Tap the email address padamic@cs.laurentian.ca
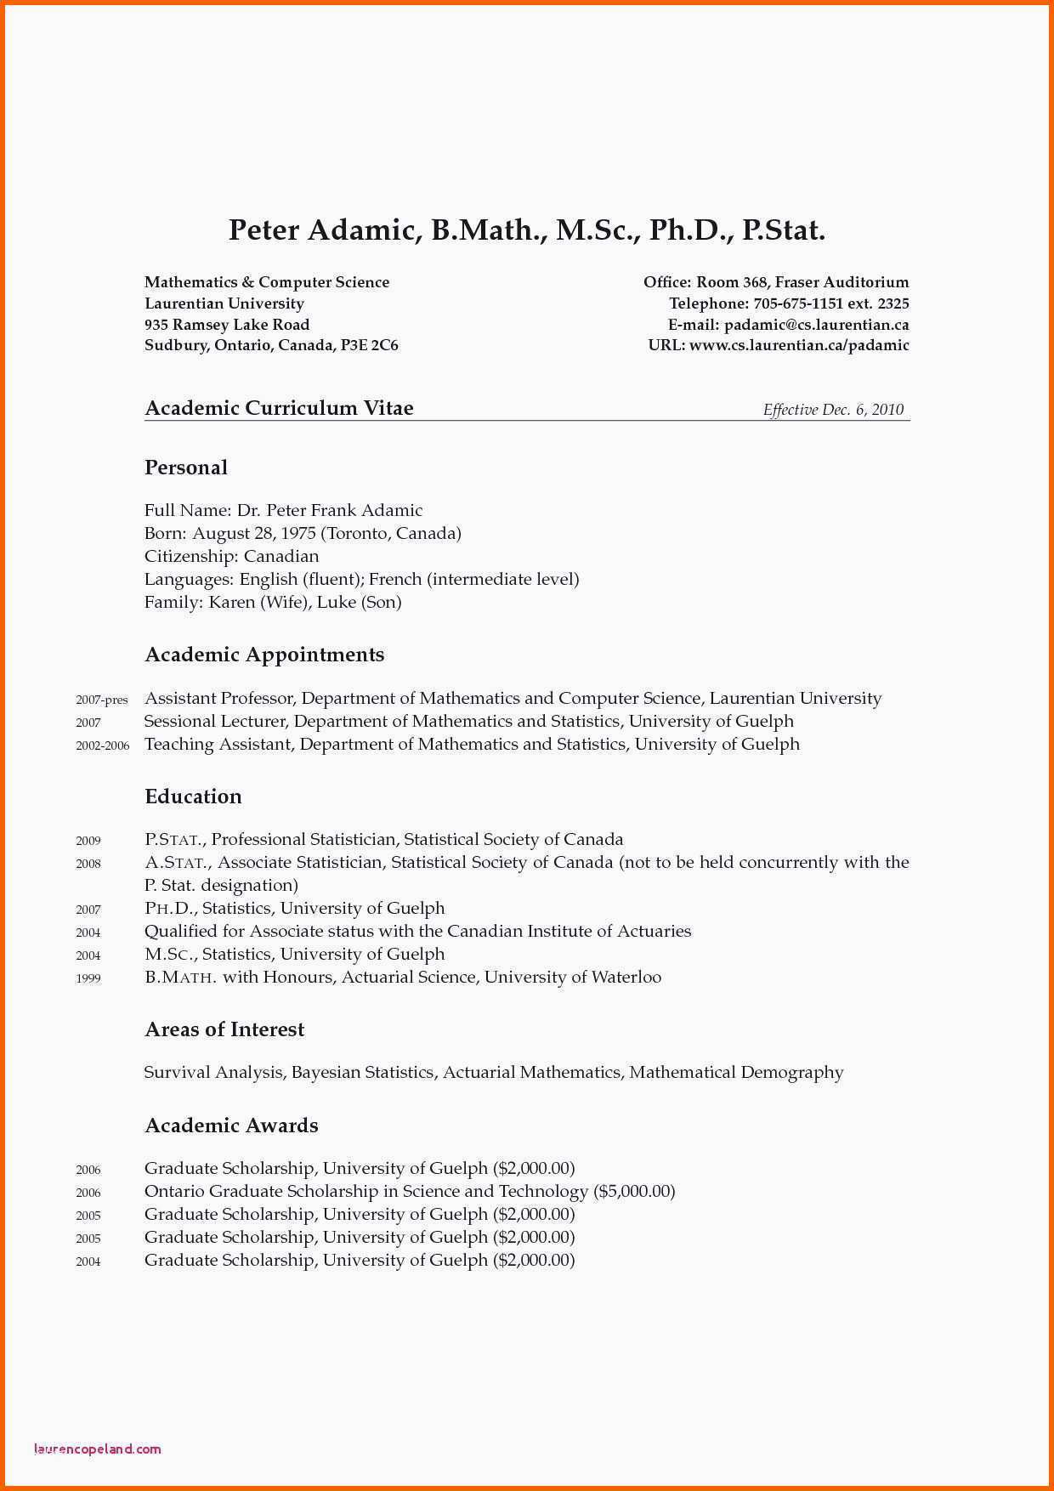tap(816, 325)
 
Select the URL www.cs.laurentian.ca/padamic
tap(799, 345)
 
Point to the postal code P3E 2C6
tap(370, 345)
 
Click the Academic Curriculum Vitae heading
tap(279, 408)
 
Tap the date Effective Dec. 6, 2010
tap(833, 410)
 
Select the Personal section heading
tap(186, 468)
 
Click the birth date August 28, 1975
tap(253, 534)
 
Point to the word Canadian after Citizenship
tap(281, 557)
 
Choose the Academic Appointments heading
tap(264, 655)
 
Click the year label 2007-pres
tap(101, 700)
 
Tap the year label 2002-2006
tap(102, 746)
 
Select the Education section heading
tap(193, 797)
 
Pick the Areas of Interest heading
tap(224, 1029)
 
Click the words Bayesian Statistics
tap(362, 1073)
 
